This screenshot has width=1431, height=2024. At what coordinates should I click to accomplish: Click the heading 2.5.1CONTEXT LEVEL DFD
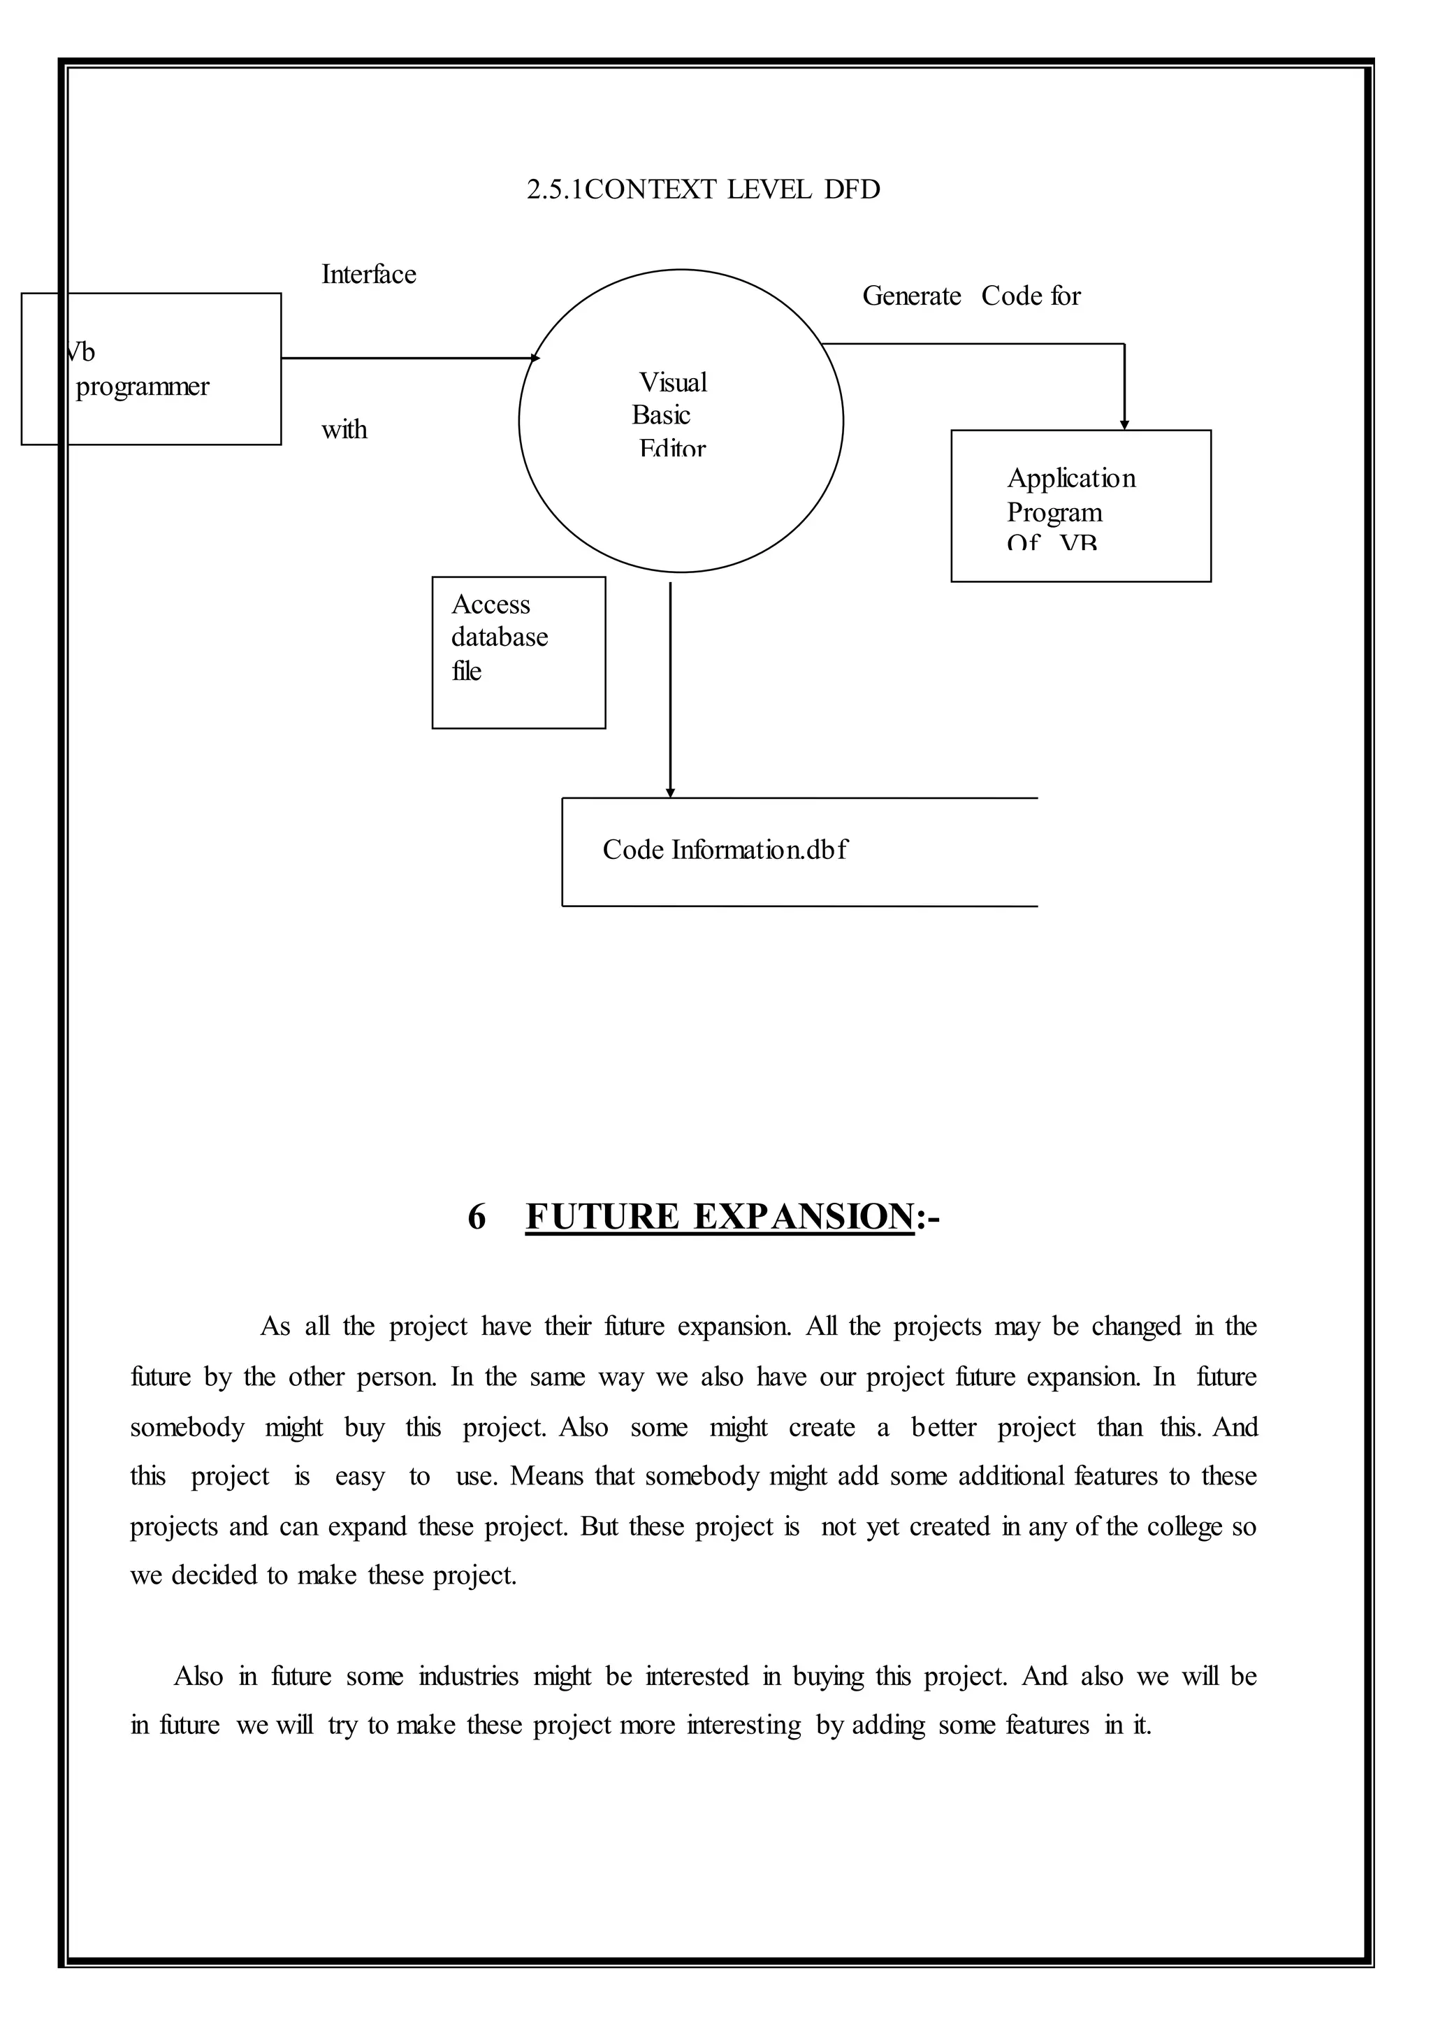703,189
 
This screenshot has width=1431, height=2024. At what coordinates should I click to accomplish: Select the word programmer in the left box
143,387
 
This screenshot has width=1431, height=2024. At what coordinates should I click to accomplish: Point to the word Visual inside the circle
673,382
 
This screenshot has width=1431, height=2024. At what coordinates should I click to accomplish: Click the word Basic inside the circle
661,415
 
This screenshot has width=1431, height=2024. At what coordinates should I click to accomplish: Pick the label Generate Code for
971,296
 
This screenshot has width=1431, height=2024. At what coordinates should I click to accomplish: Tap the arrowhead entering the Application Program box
1124,425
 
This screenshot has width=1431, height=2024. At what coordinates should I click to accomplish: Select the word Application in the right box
1071,479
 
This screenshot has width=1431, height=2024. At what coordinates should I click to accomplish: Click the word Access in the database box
491,605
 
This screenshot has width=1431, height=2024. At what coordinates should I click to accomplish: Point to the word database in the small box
500,637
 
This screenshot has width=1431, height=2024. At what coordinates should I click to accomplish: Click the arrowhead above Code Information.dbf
671,793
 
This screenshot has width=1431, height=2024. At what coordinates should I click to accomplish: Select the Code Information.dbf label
725,850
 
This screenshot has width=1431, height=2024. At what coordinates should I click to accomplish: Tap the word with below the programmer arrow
344,431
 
